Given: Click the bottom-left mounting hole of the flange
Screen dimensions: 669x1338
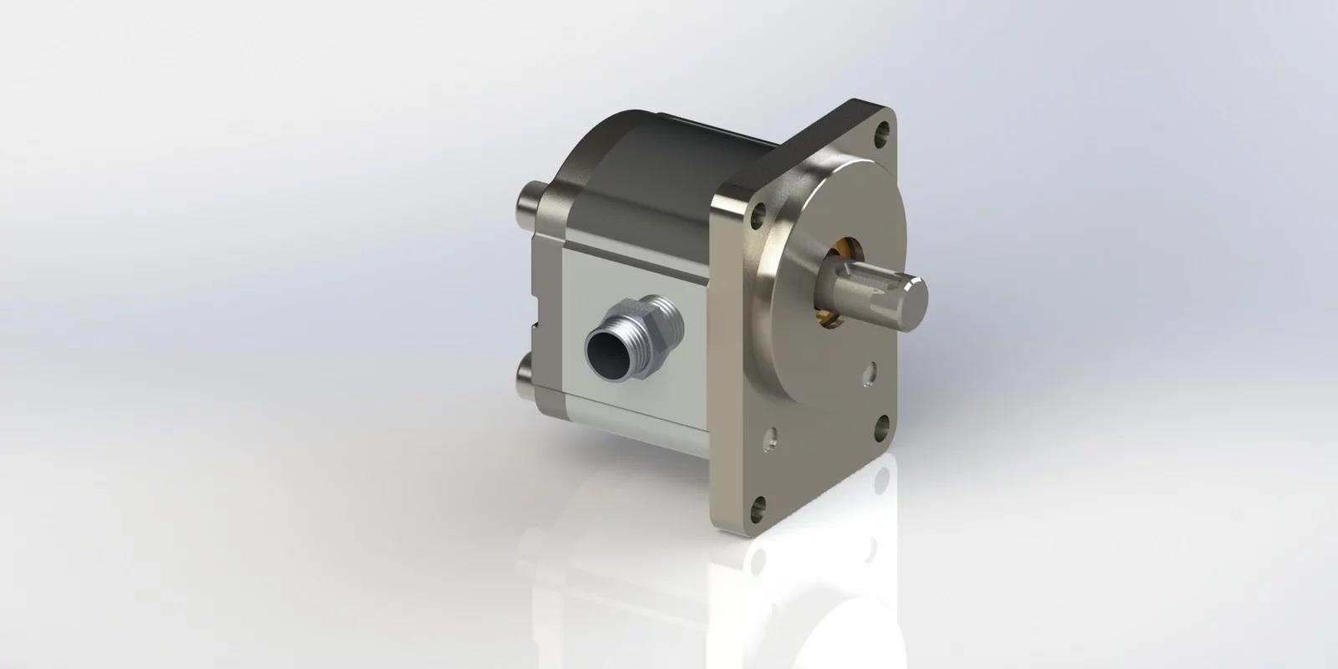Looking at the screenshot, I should coord(758,507).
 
